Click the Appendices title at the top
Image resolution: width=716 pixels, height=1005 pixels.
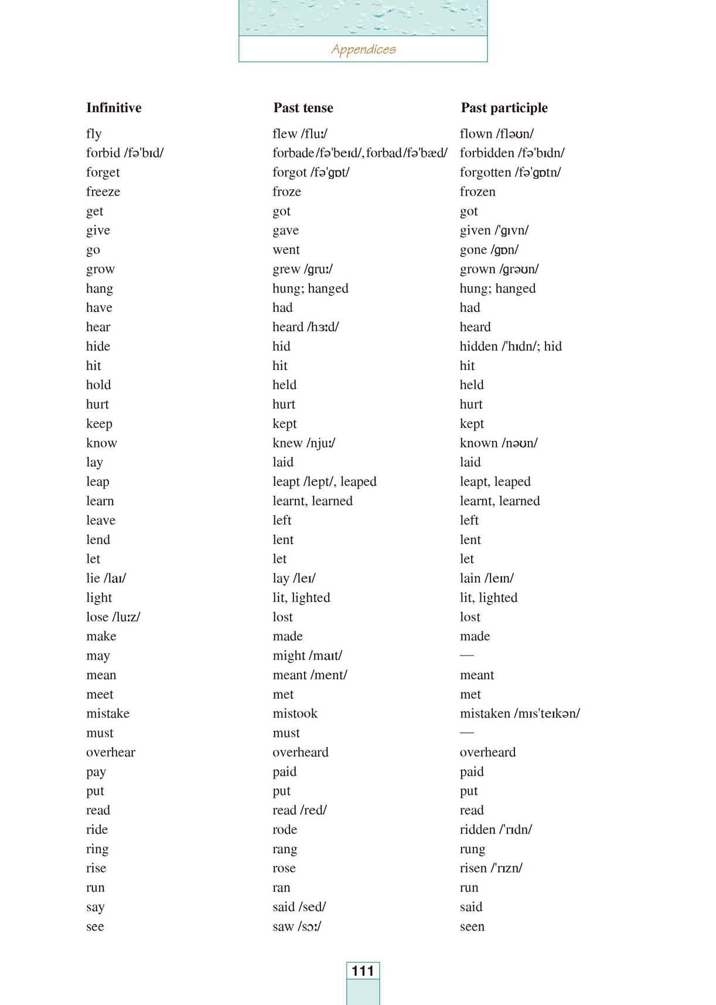(x=363, y=49)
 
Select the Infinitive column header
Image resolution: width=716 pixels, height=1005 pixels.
(x=114, y=108)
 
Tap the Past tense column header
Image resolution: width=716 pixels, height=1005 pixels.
(x=303, y=108)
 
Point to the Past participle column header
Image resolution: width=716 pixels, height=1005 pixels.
(x=504, y=108)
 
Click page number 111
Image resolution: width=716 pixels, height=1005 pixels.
(x=363, y=971)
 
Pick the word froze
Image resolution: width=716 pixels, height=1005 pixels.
(x=287, y=192)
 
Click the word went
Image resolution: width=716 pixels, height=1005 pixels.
(x=286, y=250)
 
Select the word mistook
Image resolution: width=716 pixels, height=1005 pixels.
(x=295, y=714)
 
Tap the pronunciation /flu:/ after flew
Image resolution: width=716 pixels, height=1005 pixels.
(x=315, y=134)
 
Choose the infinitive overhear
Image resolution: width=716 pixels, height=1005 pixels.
(x=111, y=752)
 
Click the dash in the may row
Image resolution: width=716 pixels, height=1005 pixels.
(x=467, y=655)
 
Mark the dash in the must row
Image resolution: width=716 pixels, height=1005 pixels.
(x=467, y=732)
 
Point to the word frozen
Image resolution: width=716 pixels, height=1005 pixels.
(x=478, y=192)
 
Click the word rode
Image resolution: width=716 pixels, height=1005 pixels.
(x=285, y=830)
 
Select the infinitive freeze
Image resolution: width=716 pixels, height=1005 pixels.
(x=103, y=192)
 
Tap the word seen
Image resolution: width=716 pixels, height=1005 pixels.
(x=472, y=926)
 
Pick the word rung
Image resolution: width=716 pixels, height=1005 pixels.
(x=472, y=850)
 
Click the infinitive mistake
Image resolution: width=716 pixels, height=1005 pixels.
(x=108, y=714)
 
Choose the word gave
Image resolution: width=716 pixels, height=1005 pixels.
(x=285, y=230)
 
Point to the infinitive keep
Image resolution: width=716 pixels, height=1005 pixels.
(x=99, y=424)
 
